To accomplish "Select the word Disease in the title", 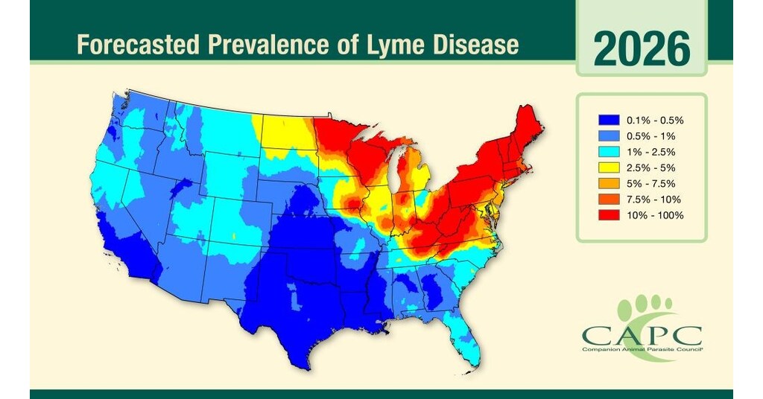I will (478, 45).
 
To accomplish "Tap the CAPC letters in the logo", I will (642, 333).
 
